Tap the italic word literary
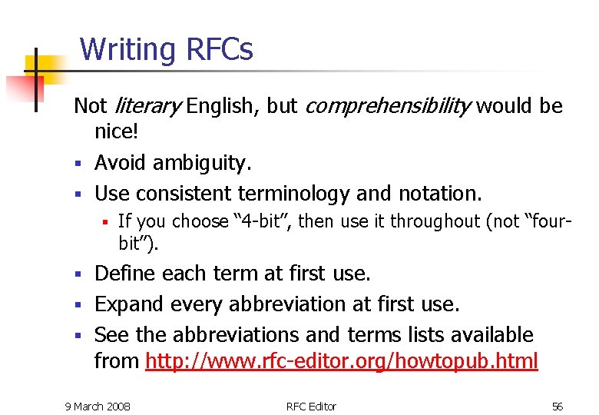pos(148,106)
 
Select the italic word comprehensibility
pos(388,106)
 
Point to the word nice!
pos(117,131)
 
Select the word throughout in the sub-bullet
pos(437,222)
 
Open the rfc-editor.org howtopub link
pos(342,360)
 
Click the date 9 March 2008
pos(97,406)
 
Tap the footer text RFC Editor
pos(311,406)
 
